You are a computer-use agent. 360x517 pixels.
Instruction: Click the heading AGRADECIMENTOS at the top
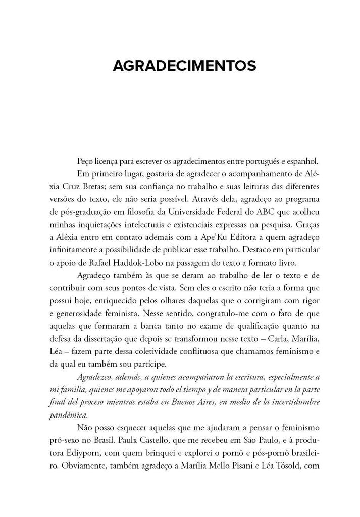[184, 66]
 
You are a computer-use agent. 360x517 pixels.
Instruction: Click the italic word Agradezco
[96, 377]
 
